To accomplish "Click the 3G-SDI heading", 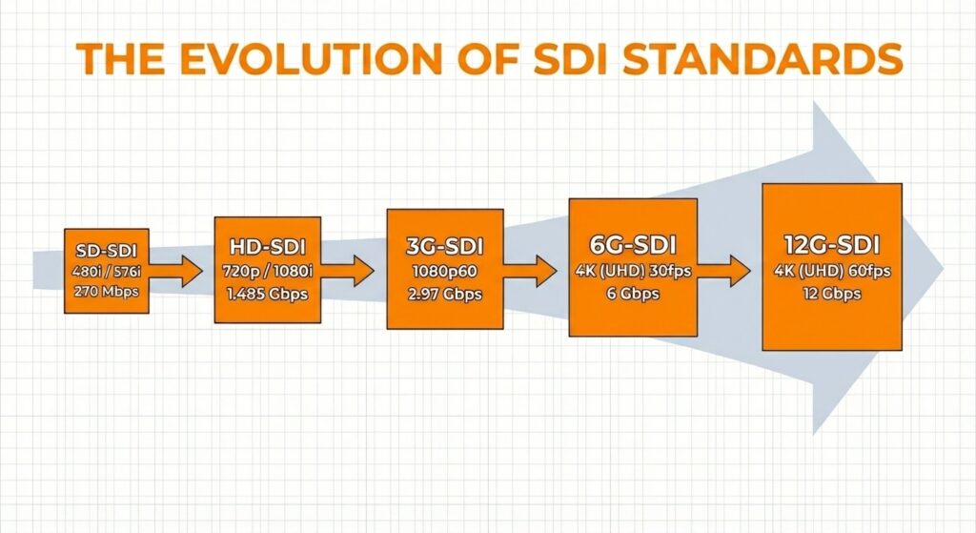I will coord(444,246).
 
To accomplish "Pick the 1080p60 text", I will coord(444,270).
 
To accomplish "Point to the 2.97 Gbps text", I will coord(444,293).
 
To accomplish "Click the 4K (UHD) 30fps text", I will coord(632,270).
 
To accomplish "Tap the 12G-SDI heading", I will coord(832,244).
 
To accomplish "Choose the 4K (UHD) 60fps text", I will coord(832,271).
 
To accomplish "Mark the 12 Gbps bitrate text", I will coord(832,294).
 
